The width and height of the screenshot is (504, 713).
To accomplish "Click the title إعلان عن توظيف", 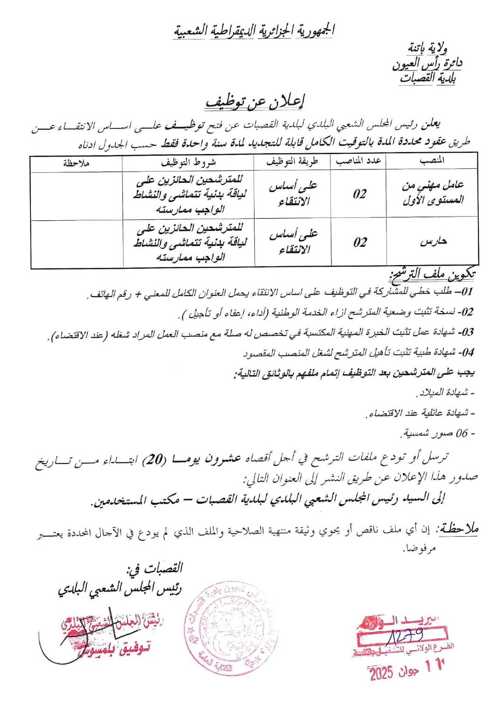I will click(x=255, y=102).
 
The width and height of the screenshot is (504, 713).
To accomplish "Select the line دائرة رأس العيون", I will click(x=427, y=63).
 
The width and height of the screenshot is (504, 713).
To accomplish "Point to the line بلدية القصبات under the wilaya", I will click(x=427, y=77).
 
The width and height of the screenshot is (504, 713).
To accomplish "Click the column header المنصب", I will click(x=432, y=161).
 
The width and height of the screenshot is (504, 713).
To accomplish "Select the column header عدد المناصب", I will click(x=358, y=161).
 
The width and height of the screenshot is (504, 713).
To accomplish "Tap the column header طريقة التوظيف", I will click(x=292, y=161).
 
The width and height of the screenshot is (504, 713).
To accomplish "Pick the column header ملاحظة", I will click(x=77, y=163).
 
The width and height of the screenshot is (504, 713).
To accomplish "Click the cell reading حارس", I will click(x=433, y=241).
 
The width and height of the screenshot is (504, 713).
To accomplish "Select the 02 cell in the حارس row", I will click(x=360, y=242).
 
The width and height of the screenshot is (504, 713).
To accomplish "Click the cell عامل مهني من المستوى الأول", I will click(x=433, y=193).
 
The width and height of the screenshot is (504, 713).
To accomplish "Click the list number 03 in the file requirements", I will click(x=466, y=332).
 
